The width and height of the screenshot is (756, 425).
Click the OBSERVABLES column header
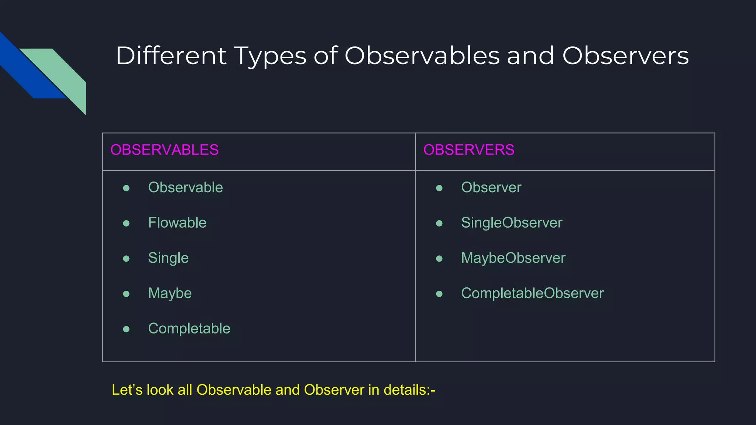pyautogui.click(x=164, y=150)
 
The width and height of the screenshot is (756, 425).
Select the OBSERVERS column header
pyautogui.click(x=468, y=150)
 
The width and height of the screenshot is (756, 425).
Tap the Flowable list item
pyautogui.click(x=177, y=223)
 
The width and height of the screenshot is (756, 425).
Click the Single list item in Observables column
pyautogui.click(x=168, y=258)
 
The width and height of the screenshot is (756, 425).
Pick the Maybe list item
pyautogui.click(x=170, y=293)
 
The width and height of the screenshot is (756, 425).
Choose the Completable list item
pyautogui.click(x=189, y=328)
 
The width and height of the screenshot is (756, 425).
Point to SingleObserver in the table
pyautogui.click(x=512, y=223)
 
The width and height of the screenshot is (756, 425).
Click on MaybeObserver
pyautogui.click(x=513, y=258)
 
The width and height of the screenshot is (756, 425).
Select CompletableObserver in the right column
pyautogui.click(x=532, y=293)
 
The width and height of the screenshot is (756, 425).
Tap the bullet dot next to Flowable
pyautogui.click(x=126, y=223)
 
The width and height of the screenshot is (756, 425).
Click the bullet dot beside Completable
pyautogui.click(x=126, y=329)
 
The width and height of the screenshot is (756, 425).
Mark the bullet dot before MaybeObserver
pyautogui.click(x=439, y=259)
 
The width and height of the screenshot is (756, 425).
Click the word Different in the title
pyautogui.click(x=171, y=56)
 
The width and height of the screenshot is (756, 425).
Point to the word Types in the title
pyautogui.click(x=270, y=56)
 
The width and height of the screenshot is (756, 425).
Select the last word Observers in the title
pyautogui.click(x=625, y=56)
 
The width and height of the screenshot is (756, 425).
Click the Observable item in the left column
pyautogui.click(x=185, y=187)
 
